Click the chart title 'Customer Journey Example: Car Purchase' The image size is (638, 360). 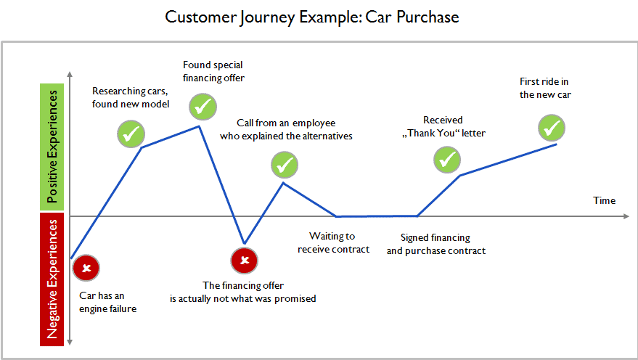[x=312, y=17]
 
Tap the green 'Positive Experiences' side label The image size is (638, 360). [x=52, y=147]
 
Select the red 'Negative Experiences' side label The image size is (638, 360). [x=52, y=279]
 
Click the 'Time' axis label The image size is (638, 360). [x=604, y=200]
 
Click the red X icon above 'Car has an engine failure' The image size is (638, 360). [x=86, y=269]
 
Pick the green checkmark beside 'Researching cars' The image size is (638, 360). [x=131, y=134]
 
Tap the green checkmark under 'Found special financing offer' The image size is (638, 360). [x=203, y=105]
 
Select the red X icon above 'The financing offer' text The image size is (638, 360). [x=245, y=260]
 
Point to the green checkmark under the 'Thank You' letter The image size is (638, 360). [x=447, y=158]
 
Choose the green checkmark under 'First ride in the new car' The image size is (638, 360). [x=552, y=128]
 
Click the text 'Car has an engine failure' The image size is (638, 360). [x=108, y=302]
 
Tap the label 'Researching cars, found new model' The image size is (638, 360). [x=131, y=98]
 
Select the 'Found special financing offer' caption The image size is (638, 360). [x=213, y=71]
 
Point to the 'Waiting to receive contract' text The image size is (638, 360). [x=333, y=242]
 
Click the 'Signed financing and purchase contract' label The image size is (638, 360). [x=435, y=244]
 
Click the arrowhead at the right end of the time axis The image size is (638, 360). [x=625, y=216]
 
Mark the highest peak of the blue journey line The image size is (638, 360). [x=200, y=126]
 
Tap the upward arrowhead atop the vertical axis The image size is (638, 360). [x=70, y=75]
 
